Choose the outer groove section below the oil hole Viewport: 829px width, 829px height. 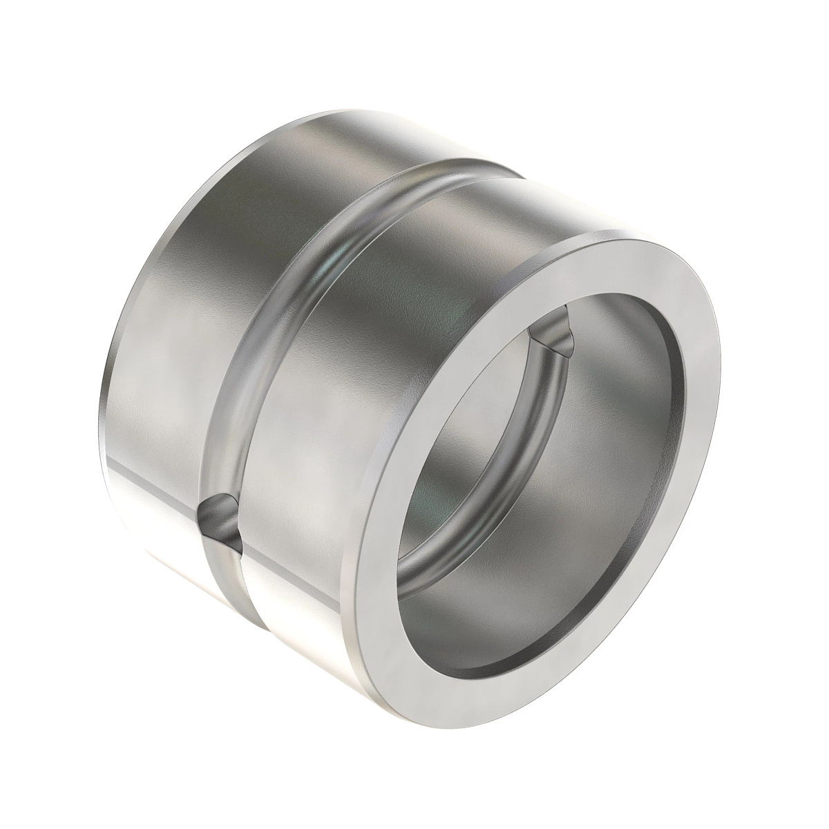tap(228, 594)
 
